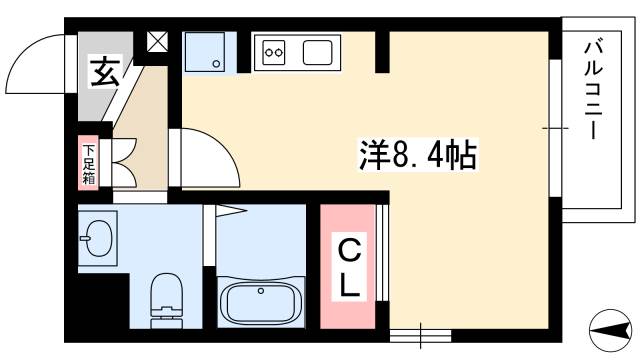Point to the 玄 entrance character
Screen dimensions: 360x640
point(102,73)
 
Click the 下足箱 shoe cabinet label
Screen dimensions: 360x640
point(87,163)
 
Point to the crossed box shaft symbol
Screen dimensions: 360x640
point(159,43)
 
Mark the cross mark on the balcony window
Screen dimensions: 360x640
point(551,128)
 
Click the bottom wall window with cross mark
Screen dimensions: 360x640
point(419,333)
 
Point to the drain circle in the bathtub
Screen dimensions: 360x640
point(260,292)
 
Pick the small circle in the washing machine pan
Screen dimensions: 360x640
point(213,64)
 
